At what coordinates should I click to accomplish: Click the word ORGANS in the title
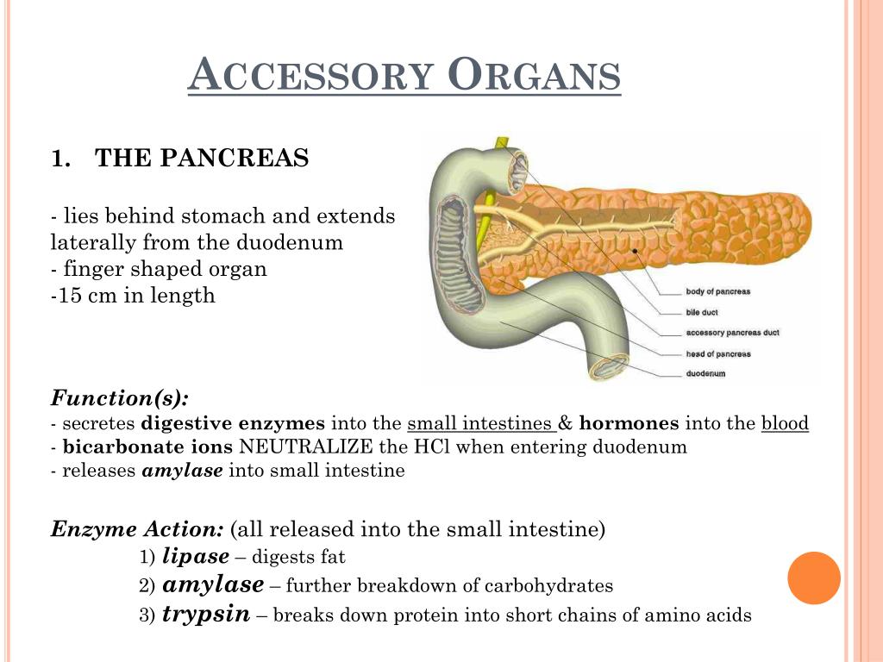[x=535, y=74]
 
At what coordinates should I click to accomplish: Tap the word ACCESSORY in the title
[x=310, y=74]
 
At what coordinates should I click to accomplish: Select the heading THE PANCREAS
[x=202, y=158]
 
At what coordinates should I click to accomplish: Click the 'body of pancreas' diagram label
[x=718, y=291]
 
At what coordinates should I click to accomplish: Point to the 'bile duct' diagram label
[x=702, y=312]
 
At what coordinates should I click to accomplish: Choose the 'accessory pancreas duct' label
[x=732, y=333]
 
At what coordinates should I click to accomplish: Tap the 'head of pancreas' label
[x=718, y=354]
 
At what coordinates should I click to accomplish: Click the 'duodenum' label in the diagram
[x=705, y=374]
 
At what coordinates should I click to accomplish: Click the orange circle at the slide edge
[x=814, y=578]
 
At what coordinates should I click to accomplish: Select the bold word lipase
[x=196, y=556]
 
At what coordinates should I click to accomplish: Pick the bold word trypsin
[x=206, y=614]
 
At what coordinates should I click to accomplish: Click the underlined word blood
[x=785, y=423]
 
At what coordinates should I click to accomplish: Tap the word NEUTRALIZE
[x=306, y=447]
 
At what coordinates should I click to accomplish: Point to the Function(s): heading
[x=119, y=398]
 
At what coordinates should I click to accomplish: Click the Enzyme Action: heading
[x=137, y=529]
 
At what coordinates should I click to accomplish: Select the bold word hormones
[x=629, y=423]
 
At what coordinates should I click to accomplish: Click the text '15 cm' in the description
[x=87, y=295]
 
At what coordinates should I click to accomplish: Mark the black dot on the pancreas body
[x=635, y=251]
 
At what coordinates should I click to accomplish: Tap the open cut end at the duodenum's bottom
[x=610, y=367]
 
